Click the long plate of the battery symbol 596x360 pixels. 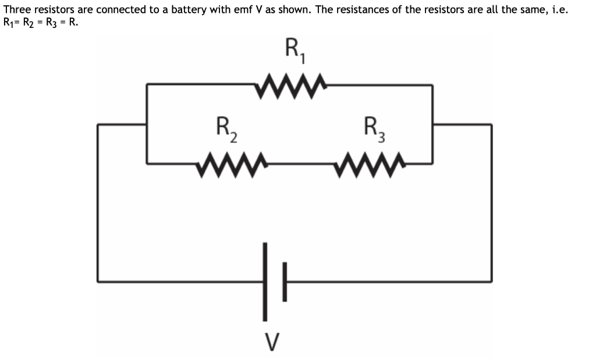tap(265, 281)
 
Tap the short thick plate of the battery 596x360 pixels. tap(285, 281)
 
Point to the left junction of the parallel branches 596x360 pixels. tap(147, 124)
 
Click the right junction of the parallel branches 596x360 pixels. tap(432, 124)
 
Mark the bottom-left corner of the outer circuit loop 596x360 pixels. tap(98, 281)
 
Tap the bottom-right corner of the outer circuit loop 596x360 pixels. tap(492, 281)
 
